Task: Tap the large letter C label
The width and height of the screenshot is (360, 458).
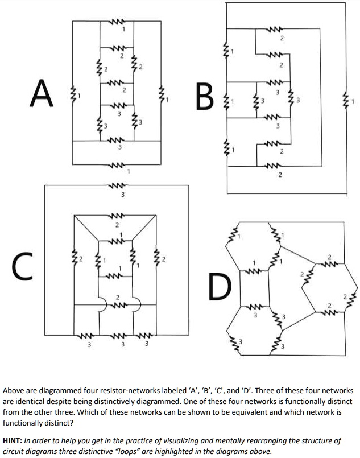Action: pyautogui.click(x=19, y=265)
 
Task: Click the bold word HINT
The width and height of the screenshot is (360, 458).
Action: pyautogui.click(x=15, y=441)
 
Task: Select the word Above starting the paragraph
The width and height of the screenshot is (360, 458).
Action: pyautogui.click(x=15, y=391)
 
